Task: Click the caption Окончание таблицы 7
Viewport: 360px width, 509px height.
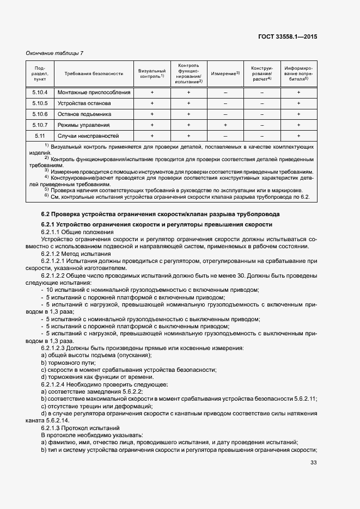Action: (x=54, y=53)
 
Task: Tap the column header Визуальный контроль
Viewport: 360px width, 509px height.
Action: (x=152, y=73)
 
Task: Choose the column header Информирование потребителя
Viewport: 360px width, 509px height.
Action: (x=298, y=73)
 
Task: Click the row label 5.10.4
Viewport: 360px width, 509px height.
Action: (x=40, y=93)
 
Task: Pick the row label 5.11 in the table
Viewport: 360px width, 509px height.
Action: (x=40, y=136)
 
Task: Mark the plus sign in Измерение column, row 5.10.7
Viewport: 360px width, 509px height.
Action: (x=225, y=125)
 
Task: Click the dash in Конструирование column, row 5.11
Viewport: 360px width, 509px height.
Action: (x=261, y=136)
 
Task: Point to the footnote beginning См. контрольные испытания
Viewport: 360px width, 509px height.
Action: (x=180, y=197)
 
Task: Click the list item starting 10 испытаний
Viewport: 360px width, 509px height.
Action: (x=152, y=290)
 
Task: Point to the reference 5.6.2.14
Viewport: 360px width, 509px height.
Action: (x=57, y=421)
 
